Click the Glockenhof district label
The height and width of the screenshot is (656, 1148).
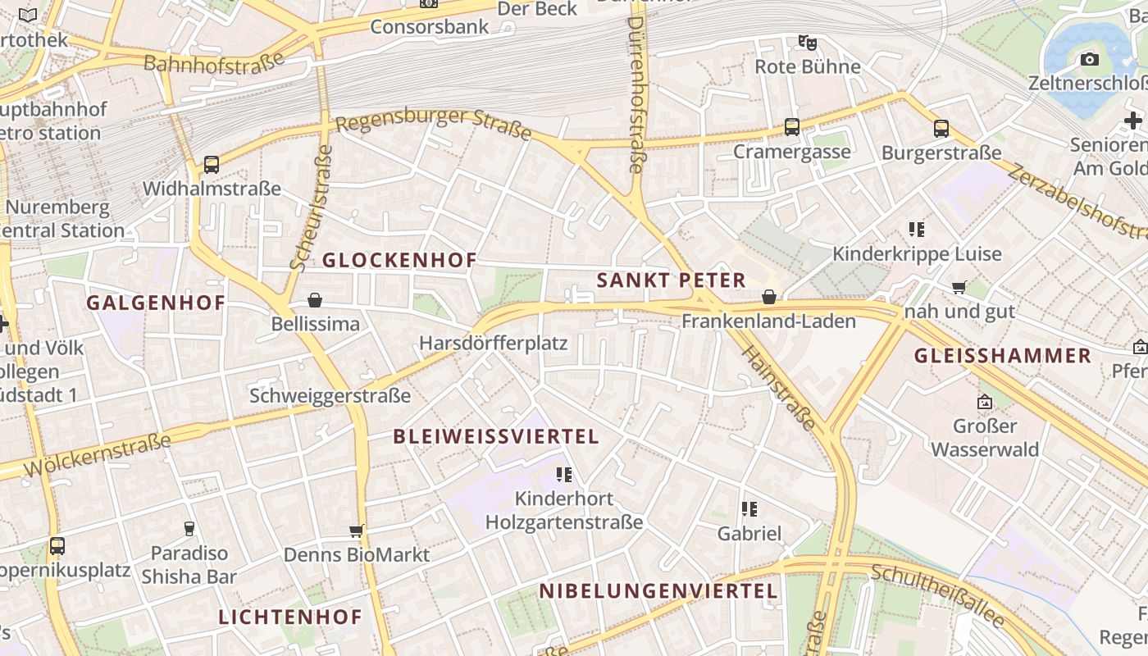[x=399, y=261]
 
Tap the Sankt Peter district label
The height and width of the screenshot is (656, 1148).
[x=671, y=280]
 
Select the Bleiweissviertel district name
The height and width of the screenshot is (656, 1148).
[x=496, y=436]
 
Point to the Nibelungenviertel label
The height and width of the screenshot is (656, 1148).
[x=658, y=591]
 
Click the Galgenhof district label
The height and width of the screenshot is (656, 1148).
[x=156, y=303]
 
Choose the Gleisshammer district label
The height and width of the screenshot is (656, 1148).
[x=1002, y=356]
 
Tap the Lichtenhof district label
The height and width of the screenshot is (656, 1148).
[x=290, y=617]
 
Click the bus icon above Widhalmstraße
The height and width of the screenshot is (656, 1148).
[x=212, y=165]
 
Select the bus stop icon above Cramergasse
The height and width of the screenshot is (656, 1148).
[x=791, y=127]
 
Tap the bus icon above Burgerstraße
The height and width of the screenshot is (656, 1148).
[x=941, y=129]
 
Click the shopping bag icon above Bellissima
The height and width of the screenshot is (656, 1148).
[x=315, y=301]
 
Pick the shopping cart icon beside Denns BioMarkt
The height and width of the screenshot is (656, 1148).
[x=356, y=531]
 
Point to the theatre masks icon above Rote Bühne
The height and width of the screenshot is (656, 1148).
[x=807, y=42]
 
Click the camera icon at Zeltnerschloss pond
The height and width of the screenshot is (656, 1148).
[x=1089, y=59]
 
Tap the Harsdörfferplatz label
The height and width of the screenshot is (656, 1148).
[x=493, y=343]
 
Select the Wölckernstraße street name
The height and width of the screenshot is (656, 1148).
[x=98, y=455]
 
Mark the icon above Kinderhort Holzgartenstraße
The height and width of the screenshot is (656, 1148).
[x=563, y=474]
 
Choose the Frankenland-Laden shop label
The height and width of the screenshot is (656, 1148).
[x=768, y=321]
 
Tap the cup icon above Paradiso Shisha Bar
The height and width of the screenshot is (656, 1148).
[x=189, y=528]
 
